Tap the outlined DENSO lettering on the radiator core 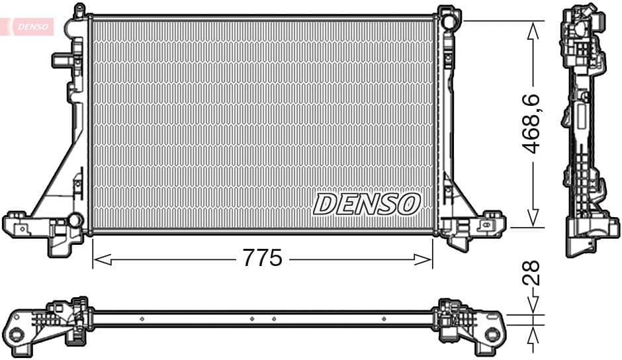point(367,204)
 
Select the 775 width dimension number point(262,259)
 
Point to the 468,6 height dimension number point(533,124)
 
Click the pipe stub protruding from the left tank point(62,60)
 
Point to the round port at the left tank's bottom point(76,219)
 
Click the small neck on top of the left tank point(79,11)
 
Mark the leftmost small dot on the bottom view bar point(142,318)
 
